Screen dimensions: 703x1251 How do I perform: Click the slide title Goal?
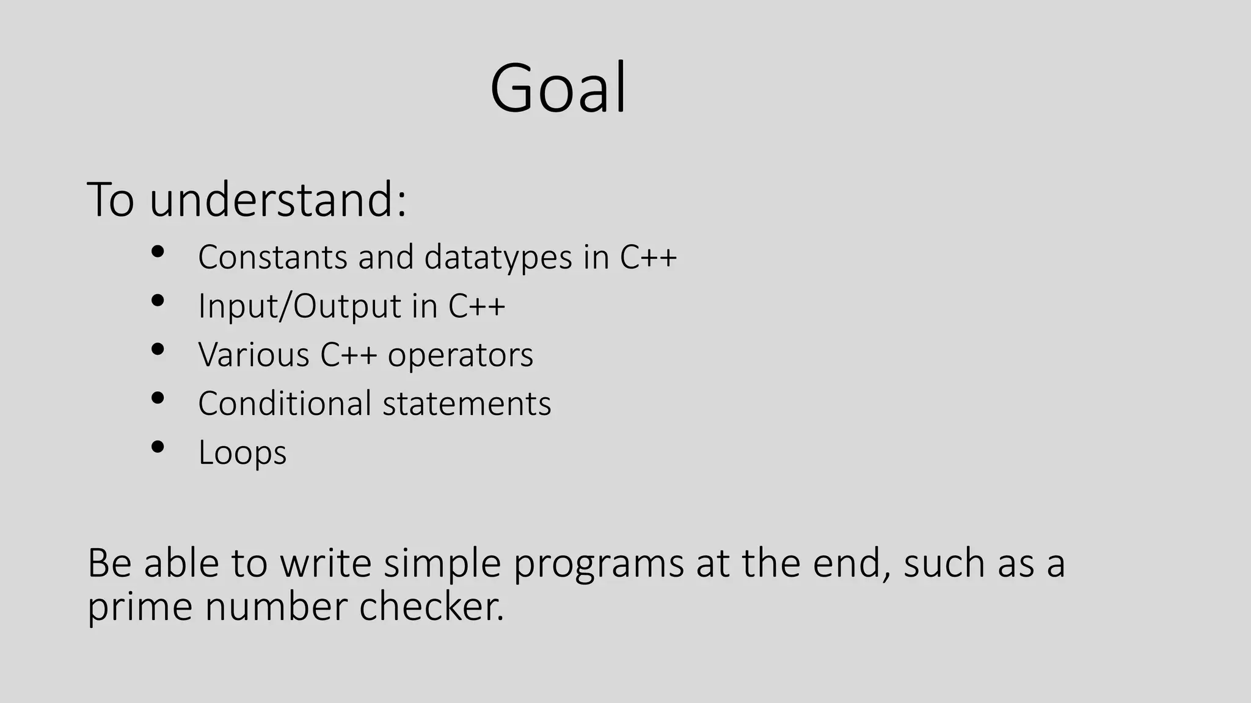558,88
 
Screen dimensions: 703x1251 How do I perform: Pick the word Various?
253,355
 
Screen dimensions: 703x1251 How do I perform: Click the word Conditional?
285,403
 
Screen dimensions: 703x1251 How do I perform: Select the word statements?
467,404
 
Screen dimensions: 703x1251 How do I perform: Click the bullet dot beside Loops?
158,447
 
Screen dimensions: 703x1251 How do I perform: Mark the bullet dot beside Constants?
158,251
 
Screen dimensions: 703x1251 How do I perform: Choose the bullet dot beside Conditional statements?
158,398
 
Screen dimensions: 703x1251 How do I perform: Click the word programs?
598,564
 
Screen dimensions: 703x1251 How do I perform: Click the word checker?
432,607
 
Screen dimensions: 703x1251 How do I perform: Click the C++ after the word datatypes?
648,257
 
